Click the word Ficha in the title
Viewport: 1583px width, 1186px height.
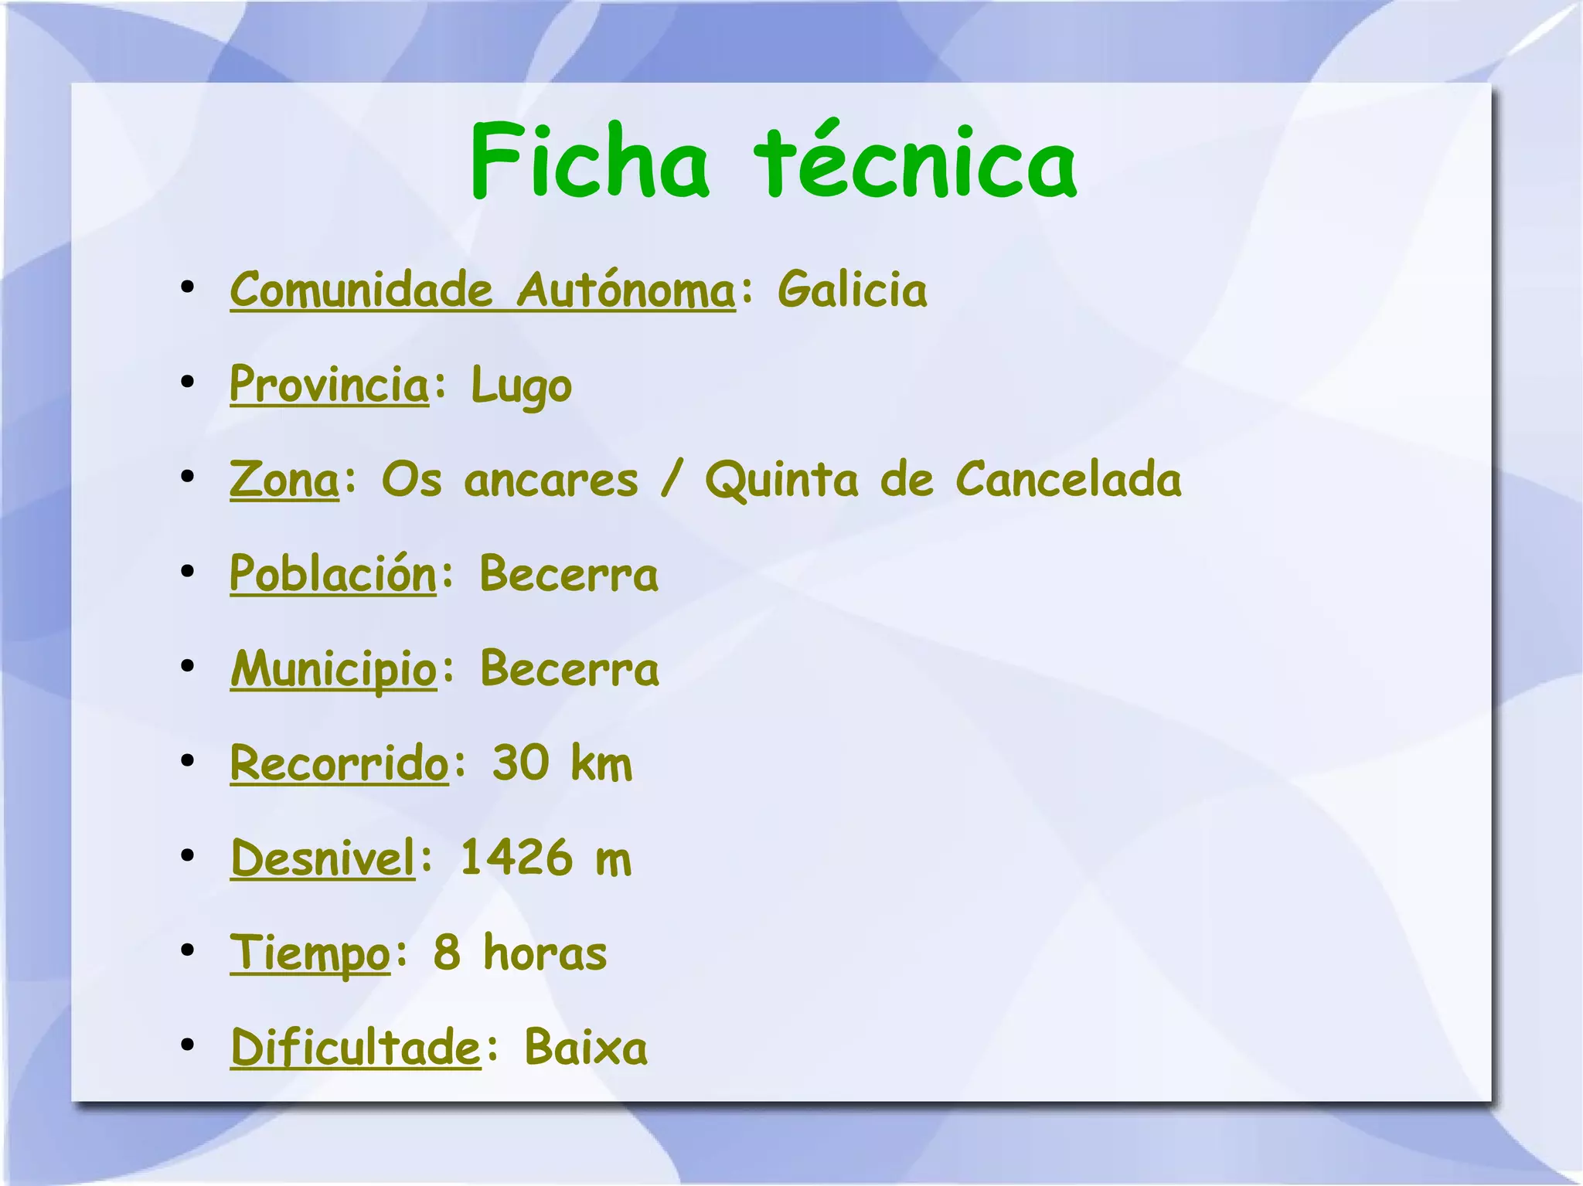tap(589, 162)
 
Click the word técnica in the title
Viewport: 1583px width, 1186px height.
tap(915, 162)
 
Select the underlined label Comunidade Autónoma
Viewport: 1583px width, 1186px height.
tap(482, 291)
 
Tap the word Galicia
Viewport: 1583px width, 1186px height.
tap(852, 291)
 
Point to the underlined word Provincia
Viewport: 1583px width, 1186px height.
tap(329, 385)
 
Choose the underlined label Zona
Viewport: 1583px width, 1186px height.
tap(284, 480)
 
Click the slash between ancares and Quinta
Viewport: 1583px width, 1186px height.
tap(671, 480)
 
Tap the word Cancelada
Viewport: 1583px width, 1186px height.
tap(1068, 480)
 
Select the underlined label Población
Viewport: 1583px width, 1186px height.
tap(333, 575)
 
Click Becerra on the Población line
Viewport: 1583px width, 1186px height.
tap(569, 575)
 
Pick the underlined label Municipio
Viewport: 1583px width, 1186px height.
tap(334, 669)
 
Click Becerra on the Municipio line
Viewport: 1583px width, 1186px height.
tap(570, 669)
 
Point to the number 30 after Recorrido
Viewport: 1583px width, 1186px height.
tap(521, 763)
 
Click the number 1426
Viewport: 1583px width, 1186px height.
tap(516, 858)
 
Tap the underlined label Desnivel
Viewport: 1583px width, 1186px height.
tap(323, 858)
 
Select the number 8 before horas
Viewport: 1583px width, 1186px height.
tap(447, 953)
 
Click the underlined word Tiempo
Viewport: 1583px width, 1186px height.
tap(310, 953)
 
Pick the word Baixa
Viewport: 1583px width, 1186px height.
tap(586, 1048)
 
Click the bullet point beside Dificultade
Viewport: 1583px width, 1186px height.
tap(187, 1045)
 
